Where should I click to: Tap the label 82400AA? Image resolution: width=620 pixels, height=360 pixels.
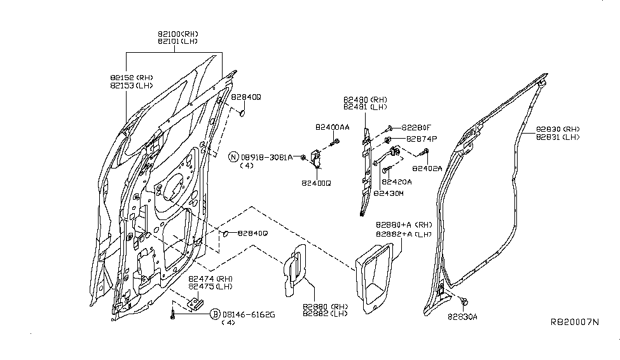click(331, 127)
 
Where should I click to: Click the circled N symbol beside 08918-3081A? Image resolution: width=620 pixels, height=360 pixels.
click(233, 156)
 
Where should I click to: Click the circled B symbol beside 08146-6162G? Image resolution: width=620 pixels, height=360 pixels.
click(215, 314)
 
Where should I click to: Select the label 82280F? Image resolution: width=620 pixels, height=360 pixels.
click(418, 127)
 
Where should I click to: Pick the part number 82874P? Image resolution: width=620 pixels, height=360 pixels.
click(418, 139)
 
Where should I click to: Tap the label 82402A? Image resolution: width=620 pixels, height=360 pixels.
click(427, 169)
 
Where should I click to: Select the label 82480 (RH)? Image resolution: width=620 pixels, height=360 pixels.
click(365, 99)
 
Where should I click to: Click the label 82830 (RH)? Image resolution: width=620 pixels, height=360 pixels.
click(557, 128)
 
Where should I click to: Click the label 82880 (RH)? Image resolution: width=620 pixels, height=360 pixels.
click(325, 306)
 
